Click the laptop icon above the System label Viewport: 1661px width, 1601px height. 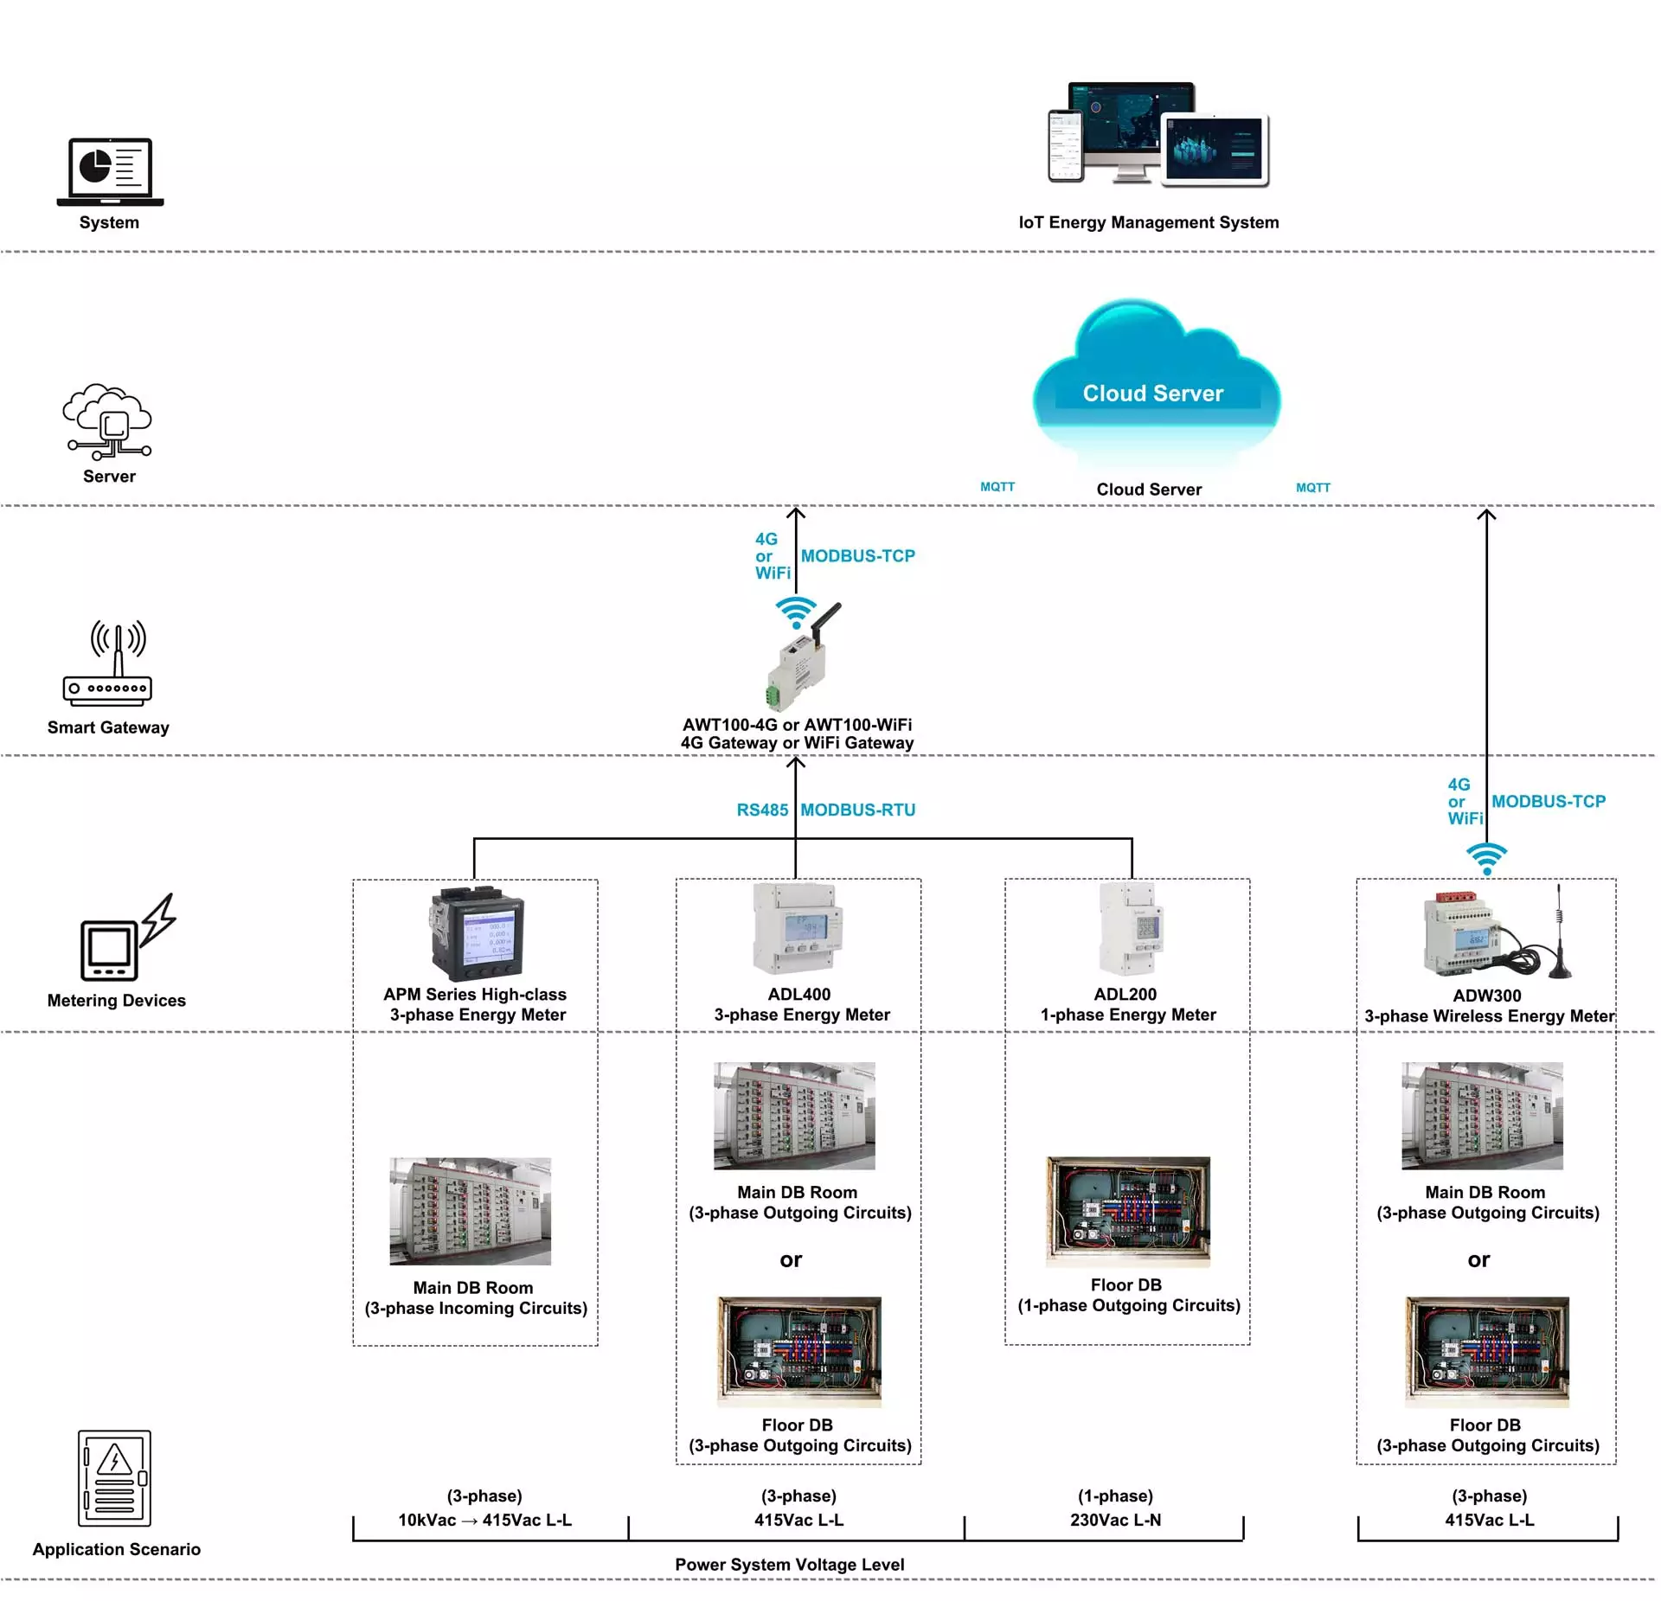[x=110, y=171]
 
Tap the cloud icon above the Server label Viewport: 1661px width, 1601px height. [x=107, y=421]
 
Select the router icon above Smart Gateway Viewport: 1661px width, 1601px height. [x=108, y=663]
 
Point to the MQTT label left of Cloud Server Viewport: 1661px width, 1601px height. [x=997, y=487]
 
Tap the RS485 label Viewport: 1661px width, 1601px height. [x=762, y=810]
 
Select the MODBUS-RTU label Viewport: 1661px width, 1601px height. [x=858, y=810]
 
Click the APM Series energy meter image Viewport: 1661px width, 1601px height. [x=477, y=934]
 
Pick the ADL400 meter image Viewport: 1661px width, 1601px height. [x=798, y=930]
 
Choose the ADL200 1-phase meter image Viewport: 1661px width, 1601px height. [x=1132, y=929]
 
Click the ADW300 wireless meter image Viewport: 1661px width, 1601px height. [x=1497, y=932]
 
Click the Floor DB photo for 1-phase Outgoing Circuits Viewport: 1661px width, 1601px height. [x=1128, y=1212]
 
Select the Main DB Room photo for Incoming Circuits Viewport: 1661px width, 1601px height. [x=471, y=1211]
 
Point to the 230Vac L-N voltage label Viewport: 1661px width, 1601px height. [x=1116, y=1520]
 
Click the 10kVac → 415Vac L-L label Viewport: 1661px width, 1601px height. [x=484, y=1520]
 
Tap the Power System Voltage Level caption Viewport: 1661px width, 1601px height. [x=790, y=1565]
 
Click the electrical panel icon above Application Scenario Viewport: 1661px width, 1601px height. [x=114, y=1478]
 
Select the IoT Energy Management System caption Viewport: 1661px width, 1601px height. [x=1149, y=222]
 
